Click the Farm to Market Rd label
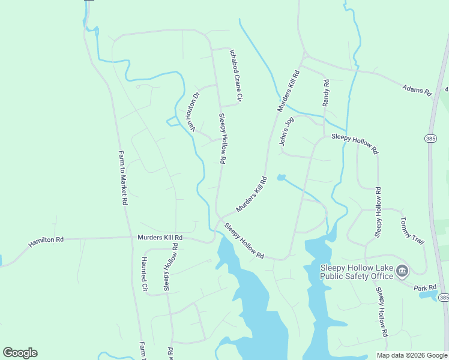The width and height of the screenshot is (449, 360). [122, 178]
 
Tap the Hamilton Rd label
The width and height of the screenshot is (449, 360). [46, 242]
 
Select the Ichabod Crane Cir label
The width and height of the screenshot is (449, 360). [235, 75]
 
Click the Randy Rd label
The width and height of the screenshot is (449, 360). [326, 93]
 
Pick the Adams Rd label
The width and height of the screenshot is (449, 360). [417, 90]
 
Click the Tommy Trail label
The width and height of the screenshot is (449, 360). [412, 230]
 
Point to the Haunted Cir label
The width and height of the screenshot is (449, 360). [144, 274]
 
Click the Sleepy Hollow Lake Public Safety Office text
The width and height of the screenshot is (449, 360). [357, 272]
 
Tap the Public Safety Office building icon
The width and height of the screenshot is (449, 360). [402, 272]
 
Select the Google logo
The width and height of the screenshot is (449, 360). [20, 353]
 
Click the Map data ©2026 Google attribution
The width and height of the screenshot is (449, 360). [412, 355]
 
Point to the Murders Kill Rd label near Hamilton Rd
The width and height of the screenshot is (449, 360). [160, 238]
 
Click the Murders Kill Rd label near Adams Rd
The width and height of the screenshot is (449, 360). [288, 91]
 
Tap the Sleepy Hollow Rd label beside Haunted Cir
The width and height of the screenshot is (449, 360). [169, 267]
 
